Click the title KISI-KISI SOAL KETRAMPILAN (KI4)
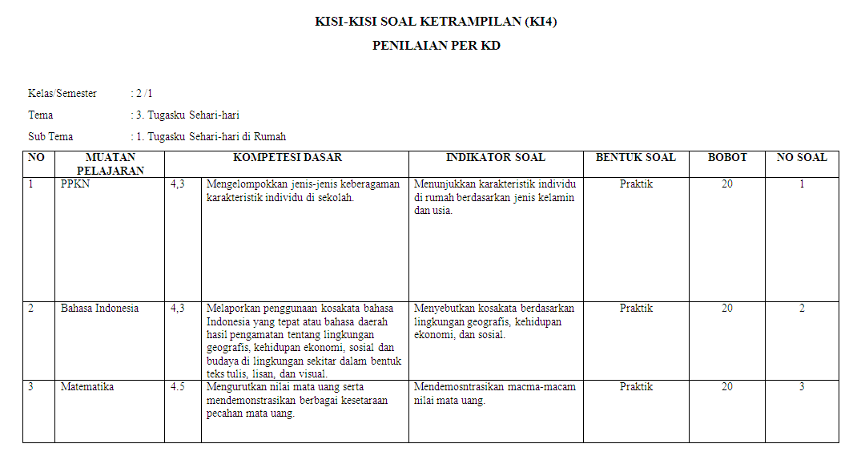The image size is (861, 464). pyautogui.click(x=436, y=22)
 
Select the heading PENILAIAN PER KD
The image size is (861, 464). pyautogui.click(x=436, y=46)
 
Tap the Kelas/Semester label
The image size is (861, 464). pyautogui.click(x=62, y=94)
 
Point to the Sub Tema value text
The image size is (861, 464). pyautogui.click(x=211, y=137)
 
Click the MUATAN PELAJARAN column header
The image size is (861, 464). pyautogui.click(x=110, y=163)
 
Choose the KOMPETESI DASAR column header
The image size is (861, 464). pyautogui.click(x=288, y=158)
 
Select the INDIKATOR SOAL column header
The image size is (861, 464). pyautogui.click(x=495, y=158)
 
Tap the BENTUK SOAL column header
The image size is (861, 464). pyautogui.click(x=635, y=158)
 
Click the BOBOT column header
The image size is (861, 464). pyautogui.click(x=726, y=158)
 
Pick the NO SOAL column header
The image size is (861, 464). pyautogui.click(x=801, y=158)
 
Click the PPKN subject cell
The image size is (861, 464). pyautogui.click(x=74, y=184)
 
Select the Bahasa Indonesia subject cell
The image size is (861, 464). pyautogui.click(x=99, y=309)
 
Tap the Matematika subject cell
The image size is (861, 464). pyautogui.click(x=87, y=387)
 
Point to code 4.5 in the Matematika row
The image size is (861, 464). pyautogui.click(x=178, y=387)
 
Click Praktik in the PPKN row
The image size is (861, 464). pyautogui.click(x=636, y=184)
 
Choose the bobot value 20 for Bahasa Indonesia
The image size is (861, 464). pyautogui.click(x=726, y=309)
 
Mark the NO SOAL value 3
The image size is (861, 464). pyautogui.click(x=801, y=387)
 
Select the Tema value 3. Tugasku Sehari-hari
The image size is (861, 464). pyautogui.click(x=187, y=115)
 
